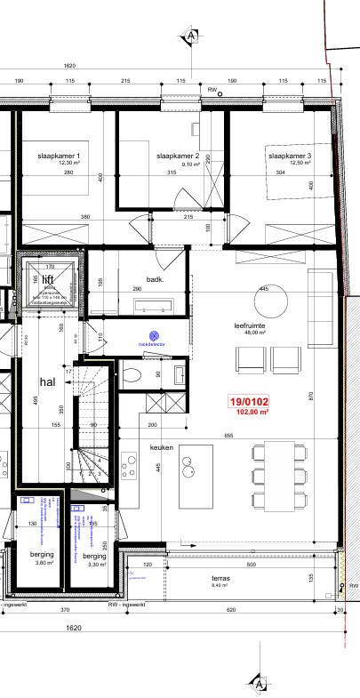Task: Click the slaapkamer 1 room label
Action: click(60, 157)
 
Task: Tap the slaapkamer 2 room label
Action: click(177, 157)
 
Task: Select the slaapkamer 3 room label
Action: click(290, 157)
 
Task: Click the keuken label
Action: click(161, 448)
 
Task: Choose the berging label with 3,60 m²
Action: click(43, 557)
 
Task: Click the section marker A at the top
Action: click(191, 36)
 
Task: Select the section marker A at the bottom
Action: click(259, 683)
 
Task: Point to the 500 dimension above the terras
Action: click(251, 564)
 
